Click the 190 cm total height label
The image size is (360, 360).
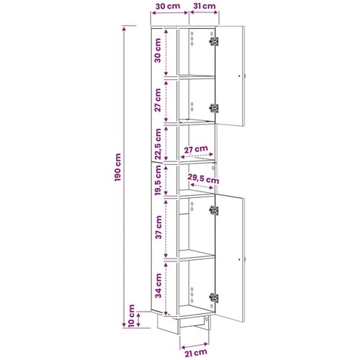coord(118,167)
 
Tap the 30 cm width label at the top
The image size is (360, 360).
coord(168,6)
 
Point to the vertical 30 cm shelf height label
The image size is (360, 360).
coord(158,50)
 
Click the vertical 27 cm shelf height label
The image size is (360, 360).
coord(158,100)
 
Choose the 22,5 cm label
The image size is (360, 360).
coord(158,144)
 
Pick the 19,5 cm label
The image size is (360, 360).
coord(158,181)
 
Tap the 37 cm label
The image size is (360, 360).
coord(158,228)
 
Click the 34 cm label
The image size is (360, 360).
coord(158,286)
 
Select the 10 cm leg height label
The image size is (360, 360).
coord(132,316)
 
